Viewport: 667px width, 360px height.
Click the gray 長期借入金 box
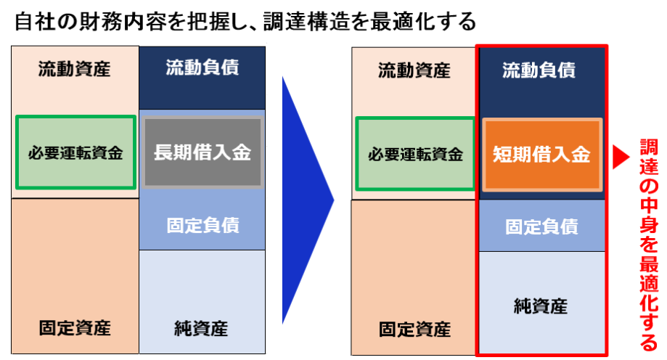pyautogui.click(x=202, y=152)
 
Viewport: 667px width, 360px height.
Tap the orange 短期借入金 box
pyautogui.click(x=542, y=154)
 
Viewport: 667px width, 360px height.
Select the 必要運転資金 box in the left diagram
pyautogui.click(x=75, y=152)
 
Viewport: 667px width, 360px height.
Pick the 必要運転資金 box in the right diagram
pyautogui.click(x=415, y=154)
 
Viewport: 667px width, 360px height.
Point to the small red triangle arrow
pyautogui.click(x=621, y=157)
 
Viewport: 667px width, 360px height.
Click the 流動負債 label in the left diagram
pyautogui.click(x=202, y=67)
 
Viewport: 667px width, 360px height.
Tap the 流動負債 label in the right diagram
pyautogui.click(x=539, y=70)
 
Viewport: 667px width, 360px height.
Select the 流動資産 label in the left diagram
pyautogui.click(x=75, y=69)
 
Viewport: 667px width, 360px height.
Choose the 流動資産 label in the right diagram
pyautogui.click(x=414, y=70)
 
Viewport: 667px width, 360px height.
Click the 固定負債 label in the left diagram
pyautogui.click(x=203, y=225)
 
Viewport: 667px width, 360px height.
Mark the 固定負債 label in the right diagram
pyautogui.click(x=542, y=226)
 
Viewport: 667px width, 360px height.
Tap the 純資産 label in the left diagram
pyautogui.click(x=201, y=329)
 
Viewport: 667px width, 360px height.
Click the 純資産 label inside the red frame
pyautogui.click(x=541, y=306)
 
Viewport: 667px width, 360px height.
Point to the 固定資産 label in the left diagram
pyautogui.click(x=75, y=328)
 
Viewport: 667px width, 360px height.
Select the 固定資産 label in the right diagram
pyautogui.click(x=414, y=330)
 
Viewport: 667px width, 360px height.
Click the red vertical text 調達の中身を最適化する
pyautogui.click(x=649, y=245)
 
